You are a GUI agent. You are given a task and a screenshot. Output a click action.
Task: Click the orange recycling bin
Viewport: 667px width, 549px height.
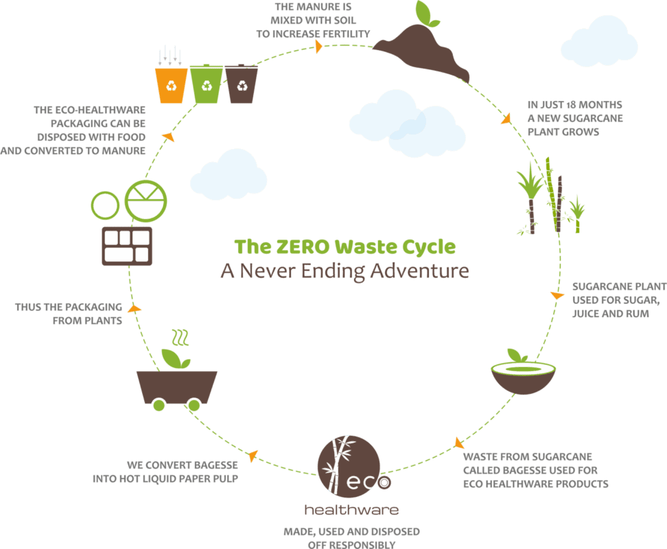(171, 85)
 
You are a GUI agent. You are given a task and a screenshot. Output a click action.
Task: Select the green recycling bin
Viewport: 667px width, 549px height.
(207, 84)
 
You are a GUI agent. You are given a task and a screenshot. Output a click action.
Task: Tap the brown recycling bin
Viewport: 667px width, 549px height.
(242, 84)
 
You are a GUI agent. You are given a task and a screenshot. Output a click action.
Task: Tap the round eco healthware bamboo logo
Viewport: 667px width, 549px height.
(349, 467)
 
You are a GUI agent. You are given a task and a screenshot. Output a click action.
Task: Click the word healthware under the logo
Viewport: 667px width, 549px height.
(351, 511)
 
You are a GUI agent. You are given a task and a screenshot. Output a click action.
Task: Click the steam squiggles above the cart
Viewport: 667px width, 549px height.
(180, 338)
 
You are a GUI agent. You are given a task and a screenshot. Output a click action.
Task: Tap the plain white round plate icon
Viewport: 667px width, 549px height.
(106, 204)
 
